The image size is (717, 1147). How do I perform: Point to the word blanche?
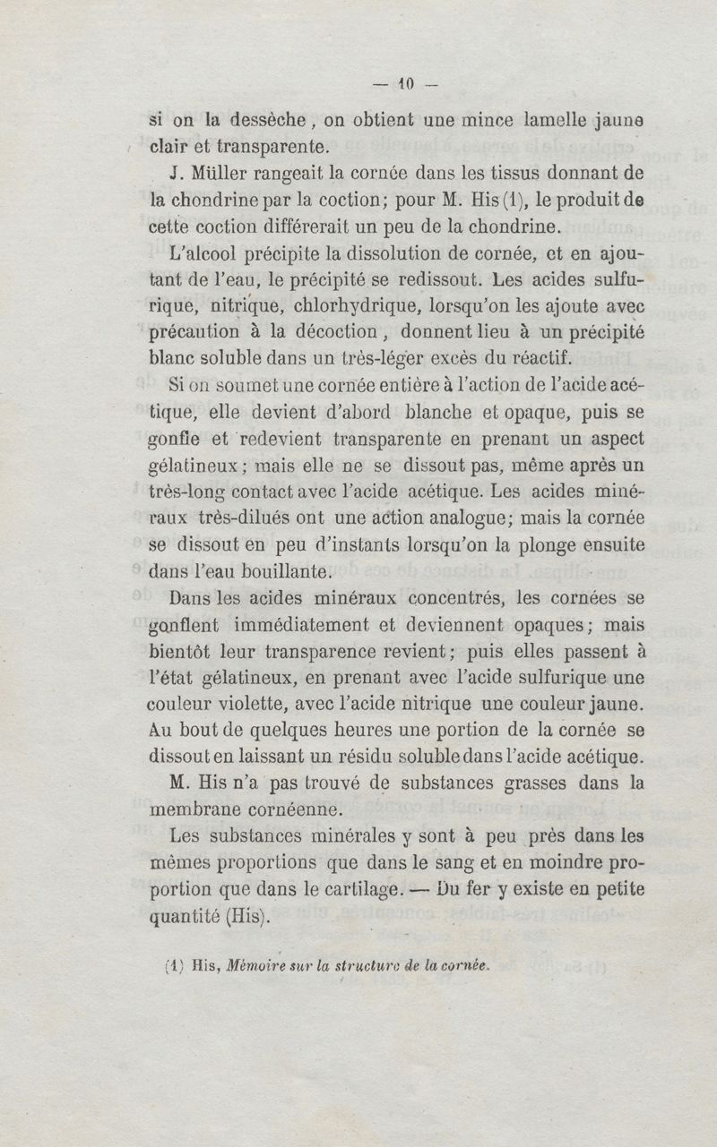pyautogui.click(x=444, y=415)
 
